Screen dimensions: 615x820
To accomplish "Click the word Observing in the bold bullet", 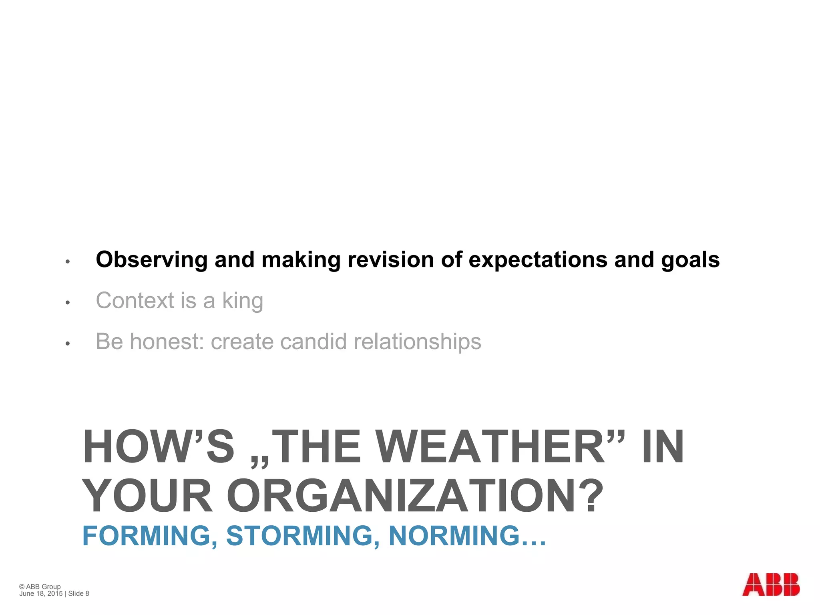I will point(151,260).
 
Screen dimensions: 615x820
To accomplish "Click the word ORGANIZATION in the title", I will point(415,496).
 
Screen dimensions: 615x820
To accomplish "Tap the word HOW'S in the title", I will point(158,447).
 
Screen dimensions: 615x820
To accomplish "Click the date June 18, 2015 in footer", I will point(41,593).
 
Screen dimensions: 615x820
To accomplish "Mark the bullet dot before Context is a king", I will point(68,302).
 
